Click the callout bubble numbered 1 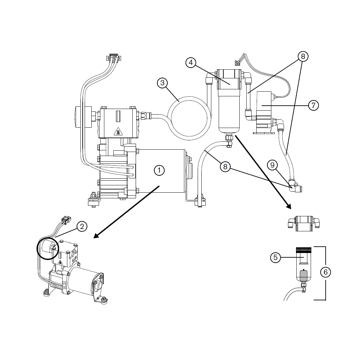coord(159,170)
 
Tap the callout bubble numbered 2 coord(82,226)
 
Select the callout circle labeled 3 coord(162,83)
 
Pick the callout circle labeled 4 coord(191,63)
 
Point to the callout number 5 coord(275,257)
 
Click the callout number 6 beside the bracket coord(326,272)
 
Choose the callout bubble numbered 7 coord(313,105)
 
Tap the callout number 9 coord(273,164)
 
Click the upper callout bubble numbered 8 coord(303,56)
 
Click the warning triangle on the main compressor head coord(117,132)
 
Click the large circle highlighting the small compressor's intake coord(47,249)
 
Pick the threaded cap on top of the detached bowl coord(303,249)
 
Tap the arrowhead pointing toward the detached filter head coord(289,206)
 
